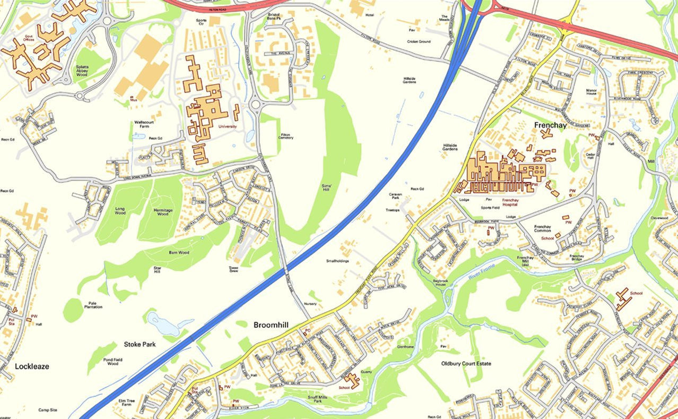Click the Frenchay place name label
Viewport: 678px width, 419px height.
pyautogui.click(x=550, y=126)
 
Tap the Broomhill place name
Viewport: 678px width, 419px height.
pyautogui.click(x=272, y=324)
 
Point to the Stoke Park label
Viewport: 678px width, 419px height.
pyautogui.click(x=140, y=344)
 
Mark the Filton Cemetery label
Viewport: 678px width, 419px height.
pyautogui.click(x=285, y=136)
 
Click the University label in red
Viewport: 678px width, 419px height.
pyautogui.click(x=227, y=126)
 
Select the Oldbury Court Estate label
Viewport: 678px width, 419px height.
pyautogui.click(x=466, y=364)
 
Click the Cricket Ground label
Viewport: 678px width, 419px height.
pyautogui.click(x=419, y=41)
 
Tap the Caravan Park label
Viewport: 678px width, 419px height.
pyautogui.click(x=396, y=196)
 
